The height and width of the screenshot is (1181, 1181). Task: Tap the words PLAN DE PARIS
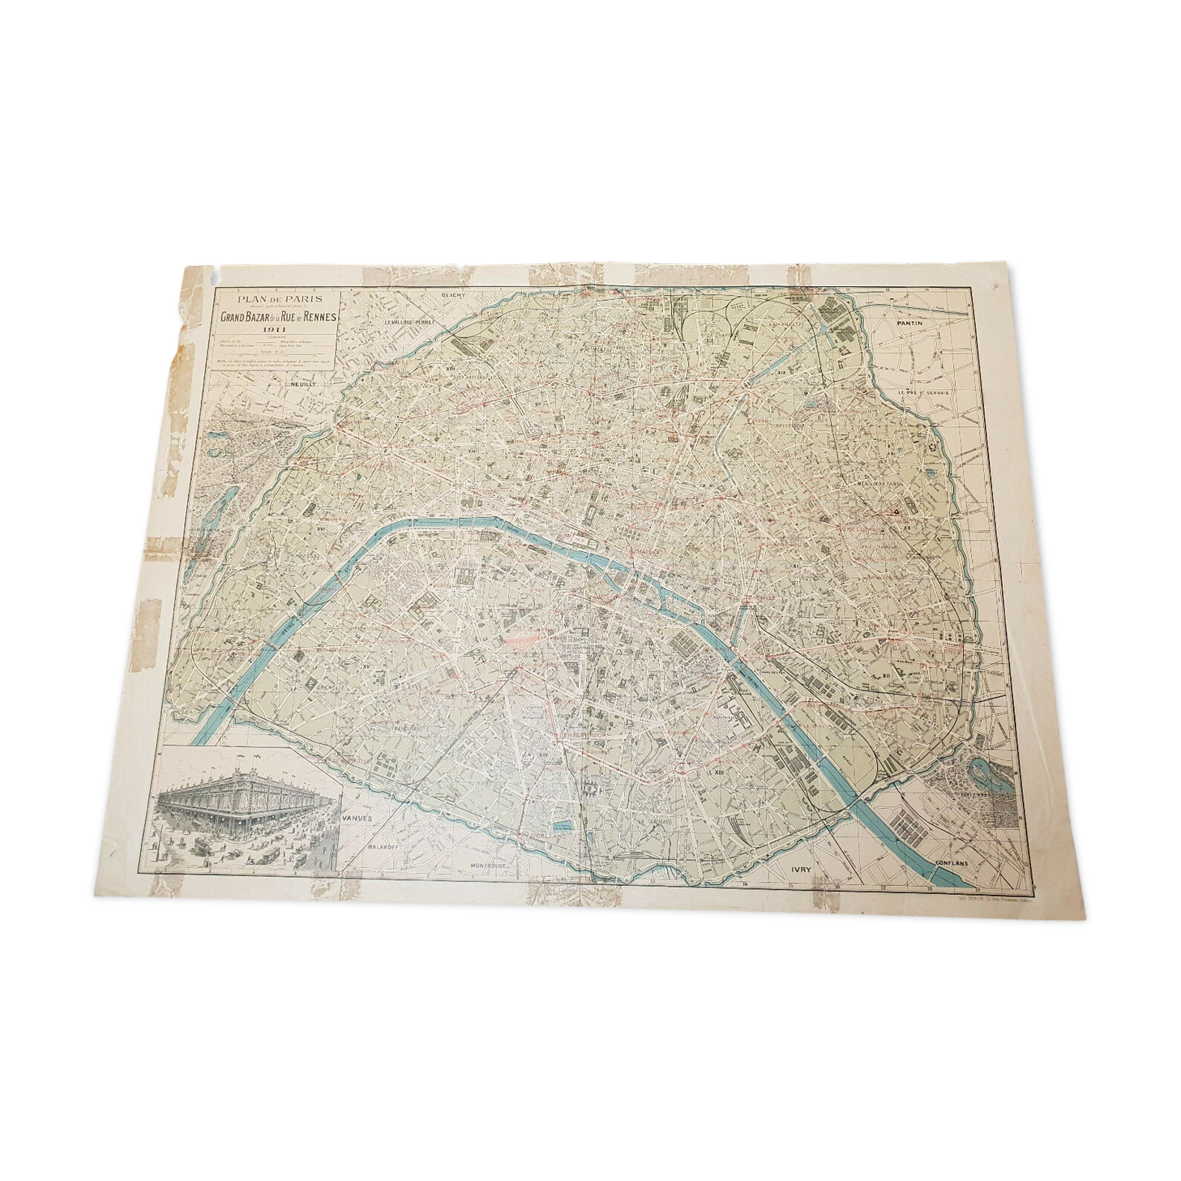click(x=275, y=299)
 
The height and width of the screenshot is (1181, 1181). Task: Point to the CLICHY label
click(x=453, y=295)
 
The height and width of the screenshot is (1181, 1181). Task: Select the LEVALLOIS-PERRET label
click(x=409, y=322)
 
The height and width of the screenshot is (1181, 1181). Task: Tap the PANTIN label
click(x=910, y=322)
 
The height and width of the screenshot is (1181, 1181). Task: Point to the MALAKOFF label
click(x=386, y=845)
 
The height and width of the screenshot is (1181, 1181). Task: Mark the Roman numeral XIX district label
click(x=781, y=372)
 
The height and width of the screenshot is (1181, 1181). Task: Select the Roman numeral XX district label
click(x=907, y=526)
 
